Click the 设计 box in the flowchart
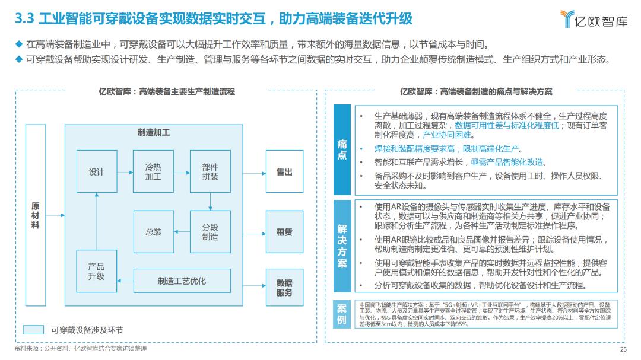click(96, 171)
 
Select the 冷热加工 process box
click(153, 171)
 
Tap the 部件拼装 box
click(210, 171)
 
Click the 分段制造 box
click(210, 232)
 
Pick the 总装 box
click(153, 232)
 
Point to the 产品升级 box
click(96, 271)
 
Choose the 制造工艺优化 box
click(182, 281)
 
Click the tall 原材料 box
click(35, 215)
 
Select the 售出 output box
click(284, 171)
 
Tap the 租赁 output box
click(284, 232)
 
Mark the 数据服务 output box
click(284, 288)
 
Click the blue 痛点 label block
click(342, 150)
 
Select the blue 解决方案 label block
click(342, 246)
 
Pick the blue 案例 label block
click(342, 314)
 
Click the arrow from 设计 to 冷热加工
click(125, 171)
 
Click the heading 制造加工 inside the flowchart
click(153, 132)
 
